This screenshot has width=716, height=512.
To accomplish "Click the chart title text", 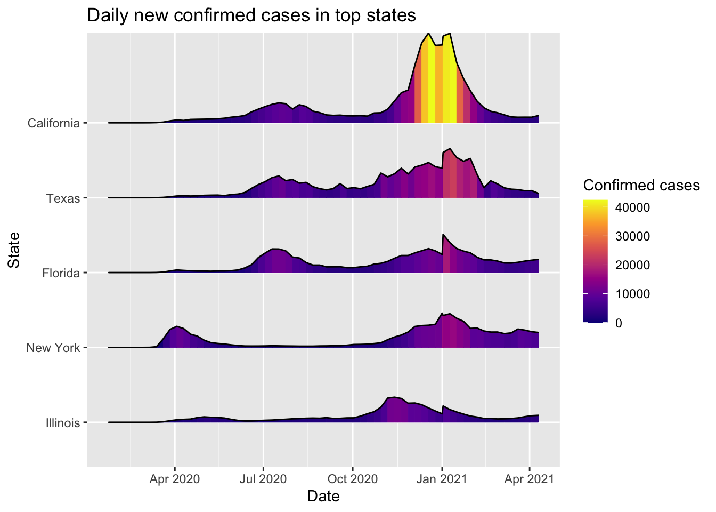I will (x=251, y=15).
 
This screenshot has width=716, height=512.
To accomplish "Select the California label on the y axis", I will (x=53, y=124).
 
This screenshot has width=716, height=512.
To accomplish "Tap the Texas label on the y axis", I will (x=63, y=198).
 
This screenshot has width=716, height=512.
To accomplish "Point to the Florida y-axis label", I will (x=61, y=273).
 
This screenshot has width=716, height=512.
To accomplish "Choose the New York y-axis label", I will (x=53, y=348).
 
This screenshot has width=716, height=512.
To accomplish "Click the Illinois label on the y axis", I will (x=62, y=423).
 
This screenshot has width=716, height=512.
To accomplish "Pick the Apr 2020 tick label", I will (x=175, y=479).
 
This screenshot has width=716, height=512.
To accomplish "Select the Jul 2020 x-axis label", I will (x=263, y=479).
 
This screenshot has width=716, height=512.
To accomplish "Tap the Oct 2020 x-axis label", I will (x=352, y=479).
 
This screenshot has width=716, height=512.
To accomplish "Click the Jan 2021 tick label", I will (x=442, y=479).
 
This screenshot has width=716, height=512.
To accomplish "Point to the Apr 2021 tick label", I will (x=529, y=479).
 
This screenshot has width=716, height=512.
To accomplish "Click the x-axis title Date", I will (x=323, y=497).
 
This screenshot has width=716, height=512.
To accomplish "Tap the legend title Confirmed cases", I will (x=641, y=185).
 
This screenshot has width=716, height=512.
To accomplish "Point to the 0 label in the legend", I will (x=618, y=323).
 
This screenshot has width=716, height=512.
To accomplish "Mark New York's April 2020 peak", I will (x=176, y=326).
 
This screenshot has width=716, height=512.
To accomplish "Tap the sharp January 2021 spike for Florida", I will (x=443, y=235).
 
